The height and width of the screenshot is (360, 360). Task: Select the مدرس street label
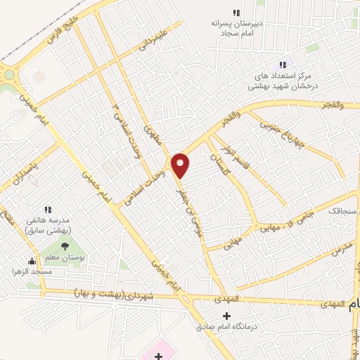[x=340, y=247]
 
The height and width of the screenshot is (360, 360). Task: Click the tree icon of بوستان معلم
[x=65, y=246]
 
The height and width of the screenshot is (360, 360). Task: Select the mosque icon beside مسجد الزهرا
[x=30, y=262]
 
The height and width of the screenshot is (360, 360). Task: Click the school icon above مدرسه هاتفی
[x=48, y=210]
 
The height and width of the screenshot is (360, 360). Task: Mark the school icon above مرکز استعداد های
[x=283, y=65]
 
